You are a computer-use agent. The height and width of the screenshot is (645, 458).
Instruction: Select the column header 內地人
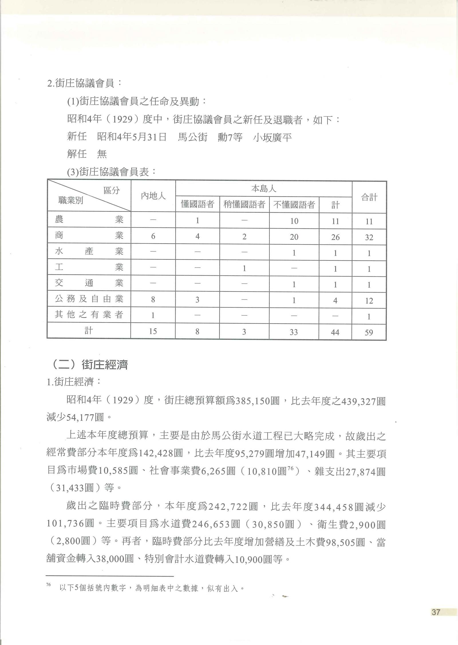point(153,196)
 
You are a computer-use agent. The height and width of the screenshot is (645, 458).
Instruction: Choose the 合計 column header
point(369,197)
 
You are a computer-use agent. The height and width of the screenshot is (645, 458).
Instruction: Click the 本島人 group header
point(264,189)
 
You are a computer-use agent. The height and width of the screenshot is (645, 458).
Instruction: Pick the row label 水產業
point(89,251)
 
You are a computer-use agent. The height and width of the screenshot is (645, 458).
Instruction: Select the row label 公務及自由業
point(89,299)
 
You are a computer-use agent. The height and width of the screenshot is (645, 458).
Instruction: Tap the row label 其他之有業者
point(89,315)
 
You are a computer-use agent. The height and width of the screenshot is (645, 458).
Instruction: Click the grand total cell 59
point(369,332)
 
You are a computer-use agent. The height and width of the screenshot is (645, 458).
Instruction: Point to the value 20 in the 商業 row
point(294,237)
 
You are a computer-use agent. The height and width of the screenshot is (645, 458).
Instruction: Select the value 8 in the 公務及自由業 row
point(153,300)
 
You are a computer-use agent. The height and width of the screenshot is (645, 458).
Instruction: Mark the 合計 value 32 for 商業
point(369,237)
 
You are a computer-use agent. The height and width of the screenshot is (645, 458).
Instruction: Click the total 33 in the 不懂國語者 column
point(294,332)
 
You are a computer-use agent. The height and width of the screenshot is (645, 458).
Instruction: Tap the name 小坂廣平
point(272,138)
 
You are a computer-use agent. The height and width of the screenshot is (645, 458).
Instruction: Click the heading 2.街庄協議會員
point(84,83)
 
